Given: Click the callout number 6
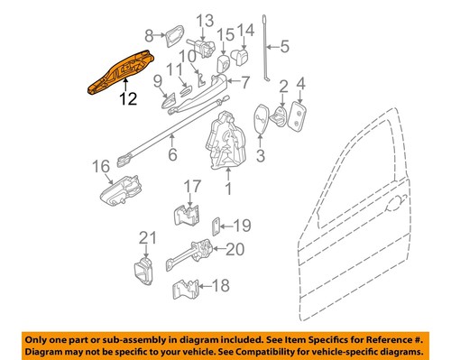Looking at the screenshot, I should point(172,154).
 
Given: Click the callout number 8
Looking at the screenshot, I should point(149,35).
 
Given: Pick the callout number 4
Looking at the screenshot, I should point(301,87).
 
